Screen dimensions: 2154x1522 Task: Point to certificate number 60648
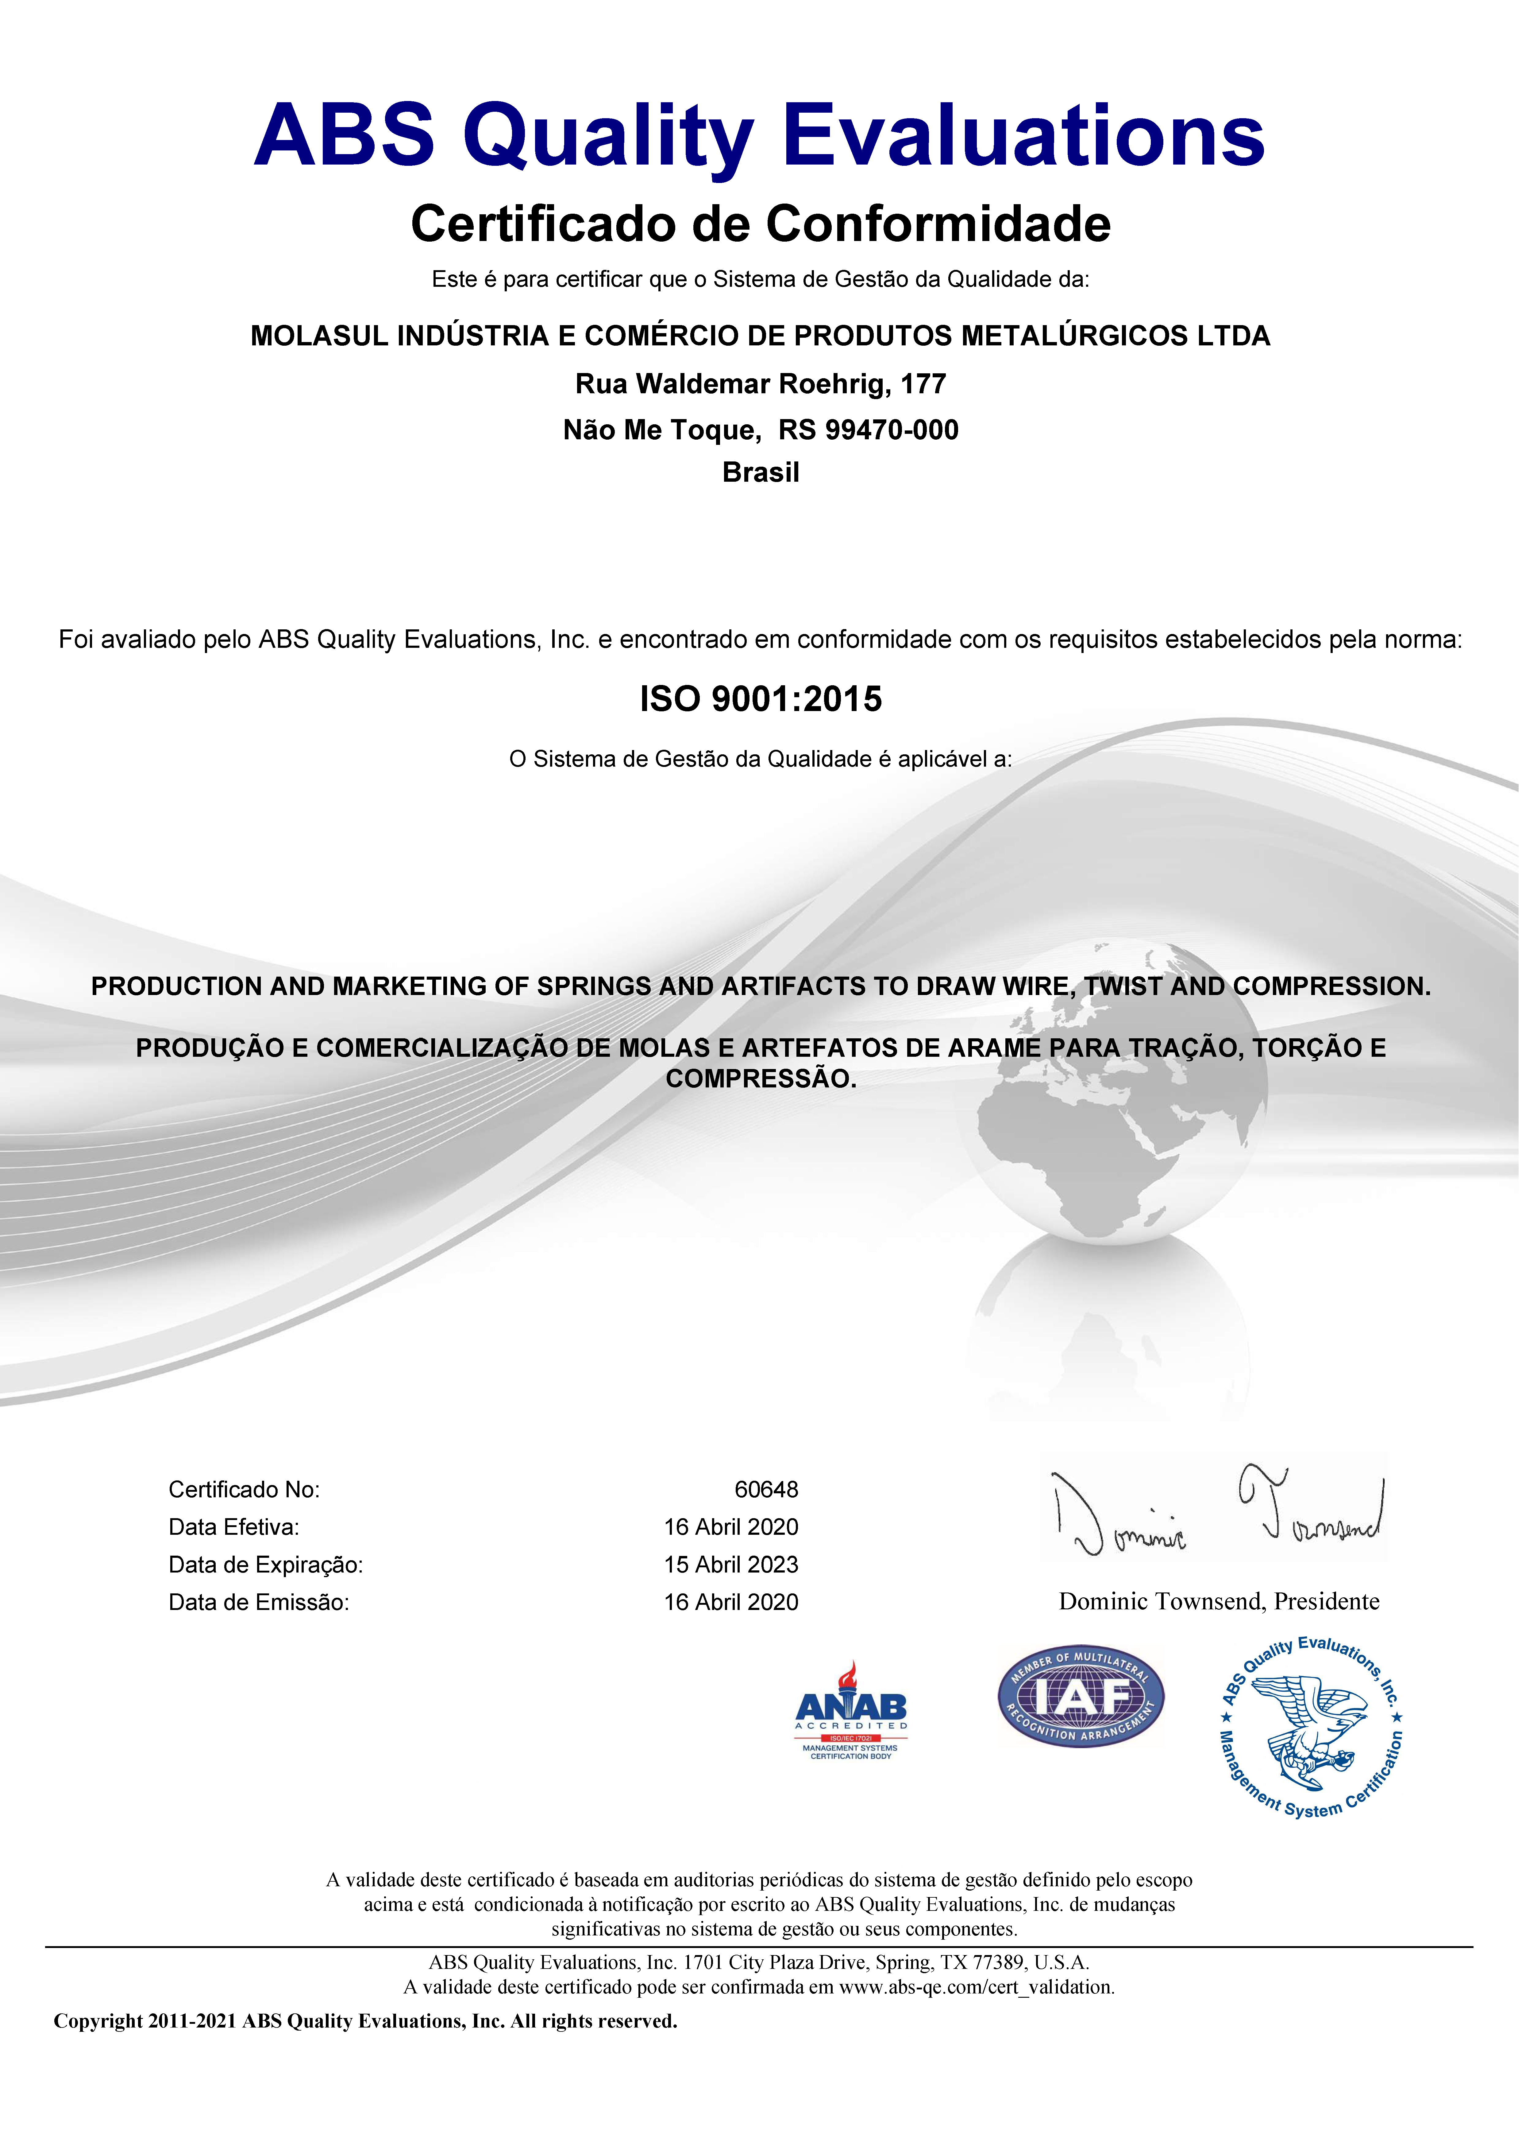click(x=766, y=1490)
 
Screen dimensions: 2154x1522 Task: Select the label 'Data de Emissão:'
click(x=259, y=1602)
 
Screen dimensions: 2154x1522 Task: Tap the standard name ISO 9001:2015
click(x=761, y=699)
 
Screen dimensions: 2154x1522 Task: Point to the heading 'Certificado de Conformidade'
click(x=761, y=224)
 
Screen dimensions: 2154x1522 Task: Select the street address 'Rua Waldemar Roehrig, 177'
click(x=761, y=384)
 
